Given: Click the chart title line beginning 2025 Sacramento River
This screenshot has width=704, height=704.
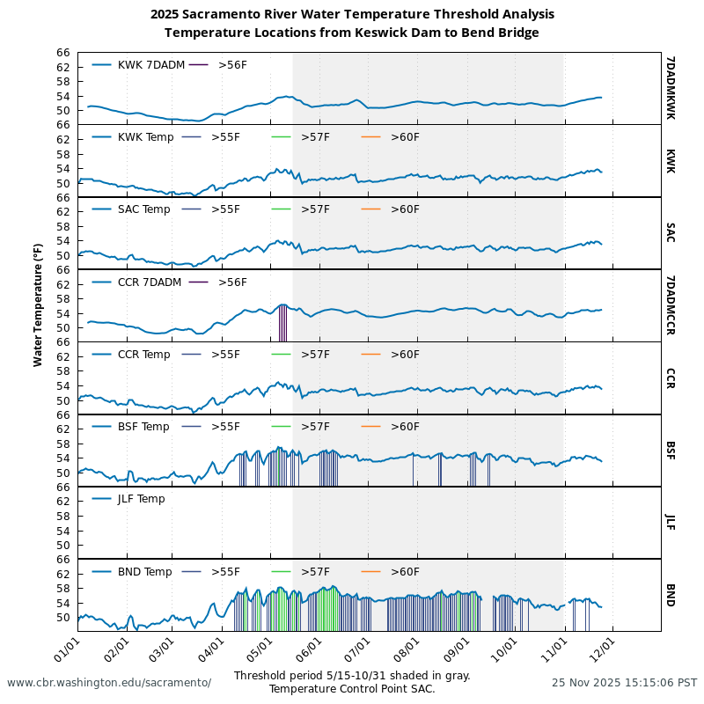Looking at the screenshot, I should coord(352,14).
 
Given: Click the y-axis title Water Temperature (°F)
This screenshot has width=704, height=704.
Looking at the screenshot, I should coord(38,305).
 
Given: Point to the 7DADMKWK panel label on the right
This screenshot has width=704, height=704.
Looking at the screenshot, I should coord(671,88).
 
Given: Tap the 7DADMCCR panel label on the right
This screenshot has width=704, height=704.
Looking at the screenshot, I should coord(671,305).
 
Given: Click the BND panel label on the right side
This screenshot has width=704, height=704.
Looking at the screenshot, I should coord(671,595).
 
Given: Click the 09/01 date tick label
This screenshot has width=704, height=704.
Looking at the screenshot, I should coord(457,653).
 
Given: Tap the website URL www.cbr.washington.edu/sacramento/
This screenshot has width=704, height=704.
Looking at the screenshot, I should coord(109,683).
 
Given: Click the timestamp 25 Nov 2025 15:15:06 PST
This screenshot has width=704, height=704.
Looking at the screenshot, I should coord(624,683).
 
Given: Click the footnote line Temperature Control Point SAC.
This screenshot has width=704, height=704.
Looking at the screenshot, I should coord(352,689).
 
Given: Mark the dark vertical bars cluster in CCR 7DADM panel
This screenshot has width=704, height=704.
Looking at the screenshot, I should coord(282,322).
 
